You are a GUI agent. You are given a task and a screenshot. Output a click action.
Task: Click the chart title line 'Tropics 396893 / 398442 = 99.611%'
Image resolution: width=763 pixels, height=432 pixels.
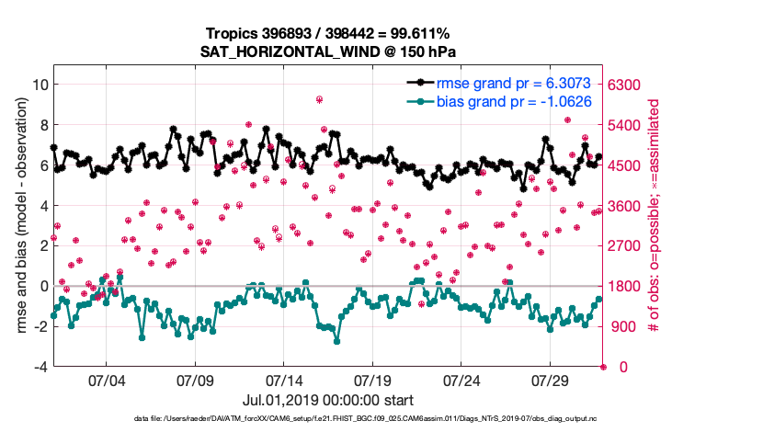[x=328, y=34]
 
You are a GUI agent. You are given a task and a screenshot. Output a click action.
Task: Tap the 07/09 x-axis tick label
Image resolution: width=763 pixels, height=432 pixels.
[x=195, y=380]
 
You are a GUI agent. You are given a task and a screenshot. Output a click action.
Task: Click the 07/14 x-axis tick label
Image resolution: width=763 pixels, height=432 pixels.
[x=284, y=380]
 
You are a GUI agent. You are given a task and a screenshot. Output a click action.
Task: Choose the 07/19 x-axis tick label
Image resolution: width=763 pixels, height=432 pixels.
[x=373, y=380]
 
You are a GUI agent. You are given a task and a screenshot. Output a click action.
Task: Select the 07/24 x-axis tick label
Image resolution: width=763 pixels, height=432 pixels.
[x=462, y=380]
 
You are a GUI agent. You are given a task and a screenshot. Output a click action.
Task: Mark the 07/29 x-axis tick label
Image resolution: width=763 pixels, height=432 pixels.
[x=551, y=380]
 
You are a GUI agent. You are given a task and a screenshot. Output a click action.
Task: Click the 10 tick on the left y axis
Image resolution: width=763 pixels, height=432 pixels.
[x=39, y=85]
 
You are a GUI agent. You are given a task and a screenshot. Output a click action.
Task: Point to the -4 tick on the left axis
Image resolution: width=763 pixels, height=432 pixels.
[x=39, y=367]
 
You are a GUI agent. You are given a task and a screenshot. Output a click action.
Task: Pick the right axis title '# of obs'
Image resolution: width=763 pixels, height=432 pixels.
[x=654, y=225]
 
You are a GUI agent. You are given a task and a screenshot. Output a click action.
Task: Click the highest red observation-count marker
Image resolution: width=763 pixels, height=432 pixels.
[x=319, y=99]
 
